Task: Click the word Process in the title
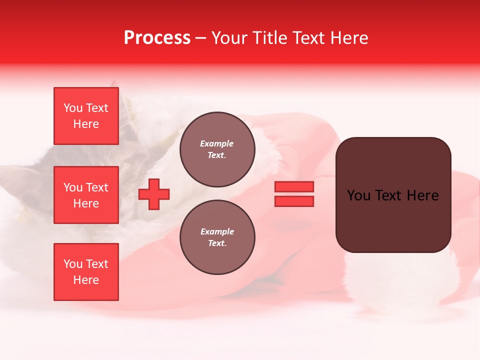coord(157,38)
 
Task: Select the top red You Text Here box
coord(86,116)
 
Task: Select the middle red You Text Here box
coord(86,195)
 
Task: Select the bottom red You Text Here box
coord(86,271)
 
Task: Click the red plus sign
coord(154,194)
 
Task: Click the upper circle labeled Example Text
coord(217,149)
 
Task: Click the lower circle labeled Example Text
coord(217,237)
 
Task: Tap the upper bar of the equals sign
coord(294,186)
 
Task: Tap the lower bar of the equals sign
coord(294,201)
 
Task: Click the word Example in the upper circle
coord(216,144)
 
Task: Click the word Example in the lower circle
coord(216,232)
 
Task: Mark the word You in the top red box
coord(73,108)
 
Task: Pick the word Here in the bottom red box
coord(86,280)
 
